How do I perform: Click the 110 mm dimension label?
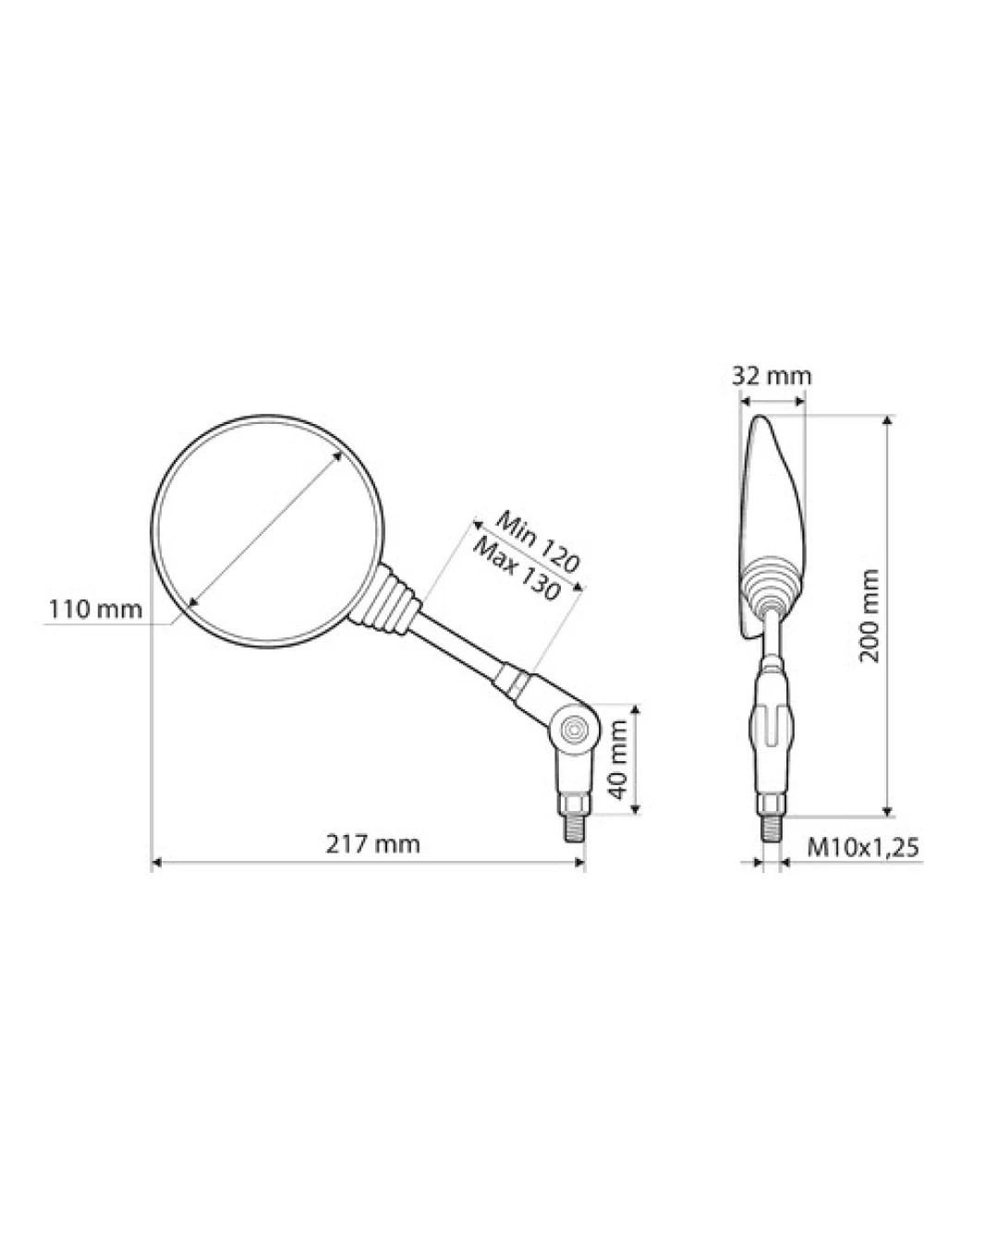(x=95, y=610)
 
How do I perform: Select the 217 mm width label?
(x=372, y=844)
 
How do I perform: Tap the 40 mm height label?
(x=619, y=759)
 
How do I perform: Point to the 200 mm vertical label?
(x=870, y=616)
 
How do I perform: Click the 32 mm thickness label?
(x=772, y=377)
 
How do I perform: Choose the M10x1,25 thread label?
(x=863, y=848)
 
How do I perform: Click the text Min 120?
(x=536, y=542)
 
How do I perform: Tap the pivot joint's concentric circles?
(x=577, y=729)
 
